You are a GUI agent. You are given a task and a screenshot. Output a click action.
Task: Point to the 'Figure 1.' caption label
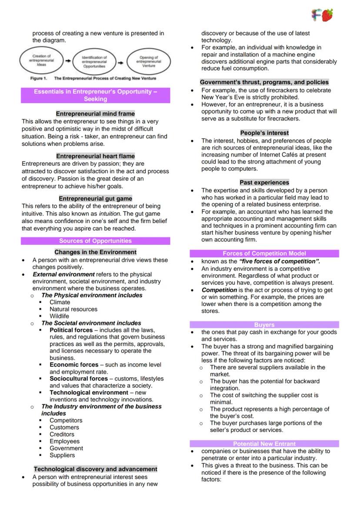(x=38, y=79)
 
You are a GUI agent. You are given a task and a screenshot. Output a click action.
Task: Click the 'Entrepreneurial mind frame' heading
(x=95, y=114)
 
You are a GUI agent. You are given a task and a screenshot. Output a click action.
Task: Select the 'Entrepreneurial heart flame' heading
(x=95, y=156)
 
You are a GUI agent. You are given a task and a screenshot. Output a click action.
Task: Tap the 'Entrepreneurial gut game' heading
(x=95, y=199)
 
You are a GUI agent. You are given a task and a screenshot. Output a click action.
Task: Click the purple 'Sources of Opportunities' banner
(x=95, y=241)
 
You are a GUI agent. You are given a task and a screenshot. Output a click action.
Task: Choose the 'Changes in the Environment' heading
(x=95, y=252)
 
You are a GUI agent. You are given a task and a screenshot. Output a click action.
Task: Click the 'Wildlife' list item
(x=59, y=316)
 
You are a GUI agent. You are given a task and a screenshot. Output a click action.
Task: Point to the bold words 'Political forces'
(x=71, y=330)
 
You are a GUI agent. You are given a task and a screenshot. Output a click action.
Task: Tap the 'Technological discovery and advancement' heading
(x=95, y=469)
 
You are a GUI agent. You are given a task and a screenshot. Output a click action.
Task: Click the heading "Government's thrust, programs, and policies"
(x=264, y=82)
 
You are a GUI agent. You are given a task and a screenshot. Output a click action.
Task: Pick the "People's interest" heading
(x=264, y=133)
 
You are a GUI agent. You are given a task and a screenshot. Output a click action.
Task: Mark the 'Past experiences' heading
(x=264, y=183)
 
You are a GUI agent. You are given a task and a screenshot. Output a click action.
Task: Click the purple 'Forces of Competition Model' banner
(x=264, y=253)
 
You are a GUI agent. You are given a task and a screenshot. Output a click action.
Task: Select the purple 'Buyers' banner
(x=264, y=325)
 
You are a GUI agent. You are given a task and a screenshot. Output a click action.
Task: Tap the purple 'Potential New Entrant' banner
(x=264, y=444)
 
